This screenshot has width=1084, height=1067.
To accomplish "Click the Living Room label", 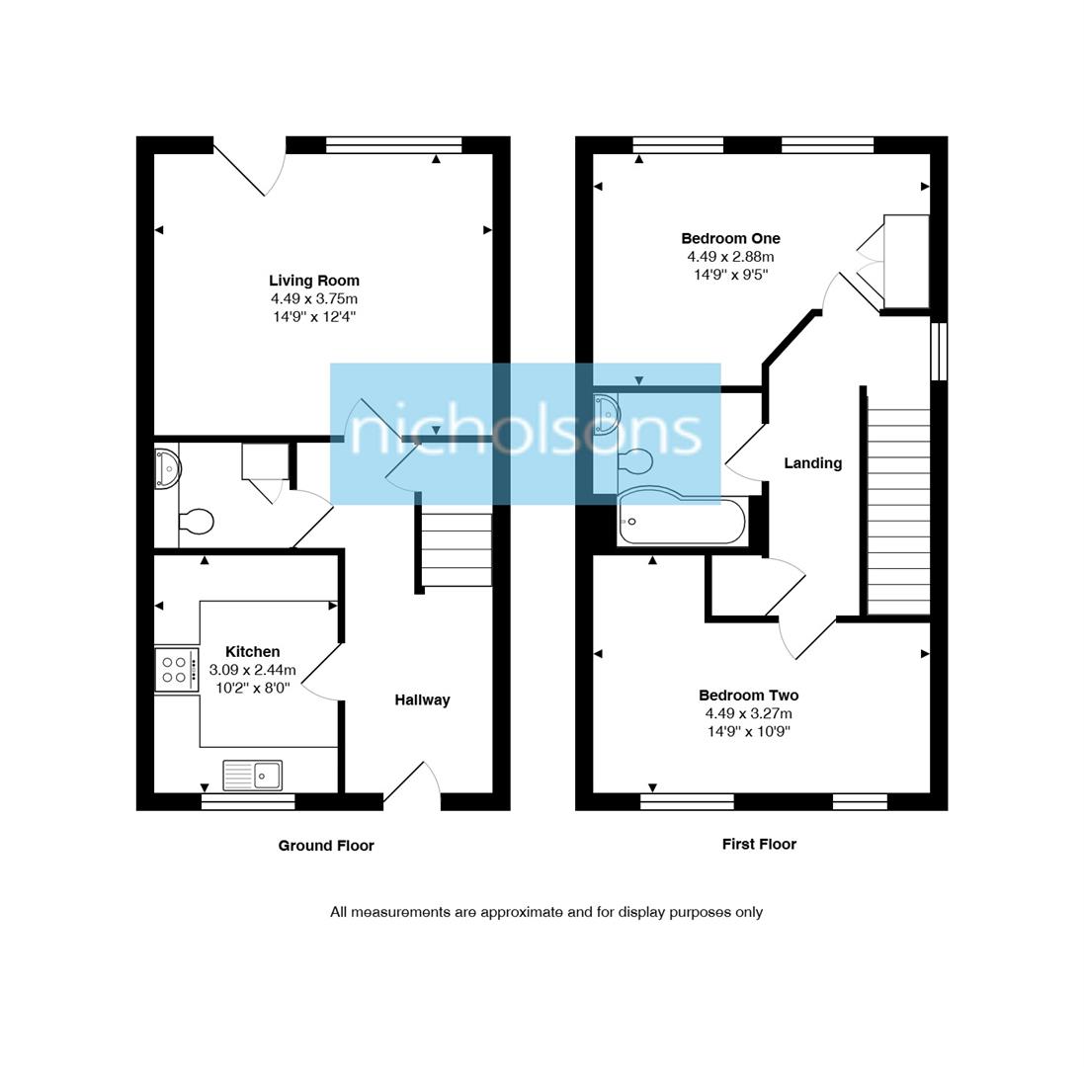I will tap(313, 281).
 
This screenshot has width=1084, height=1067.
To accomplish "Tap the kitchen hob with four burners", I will tap(176, 670).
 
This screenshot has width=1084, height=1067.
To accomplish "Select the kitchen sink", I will tap(252, 776).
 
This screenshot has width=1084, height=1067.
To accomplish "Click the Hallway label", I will tap(422, 699).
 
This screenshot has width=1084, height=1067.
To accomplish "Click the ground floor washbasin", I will tap(167, 468).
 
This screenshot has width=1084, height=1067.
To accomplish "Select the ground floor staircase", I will tap(456, 549).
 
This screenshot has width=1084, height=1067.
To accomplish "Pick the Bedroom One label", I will tap(730, 238).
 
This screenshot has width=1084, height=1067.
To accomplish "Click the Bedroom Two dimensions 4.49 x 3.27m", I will tap(748, 713).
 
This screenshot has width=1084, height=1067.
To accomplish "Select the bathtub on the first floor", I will tap(682, 522).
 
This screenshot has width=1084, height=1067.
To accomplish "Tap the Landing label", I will tap(812, 462).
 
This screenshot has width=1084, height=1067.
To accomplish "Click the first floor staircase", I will tap(897, 504).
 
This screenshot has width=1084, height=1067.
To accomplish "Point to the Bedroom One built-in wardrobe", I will tap(905, 262).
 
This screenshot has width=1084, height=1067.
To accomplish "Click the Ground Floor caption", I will tap(326, 845).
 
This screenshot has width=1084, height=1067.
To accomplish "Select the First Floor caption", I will tap(758, 844).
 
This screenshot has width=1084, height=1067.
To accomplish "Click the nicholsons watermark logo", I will tap(525, 434).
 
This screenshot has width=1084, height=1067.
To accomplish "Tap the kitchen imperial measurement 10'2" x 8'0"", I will tap(252, 688).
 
